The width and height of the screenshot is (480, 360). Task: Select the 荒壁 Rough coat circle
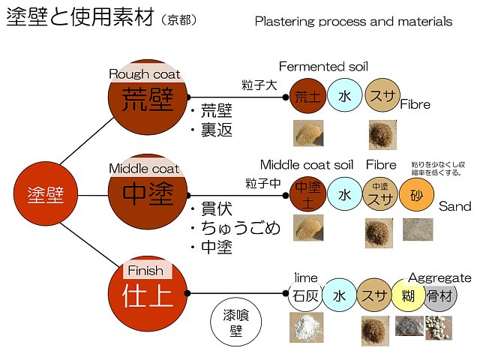point(148,98)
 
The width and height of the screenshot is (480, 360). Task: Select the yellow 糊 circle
point(409,294)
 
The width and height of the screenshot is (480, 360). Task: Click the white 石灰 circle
point(307,294)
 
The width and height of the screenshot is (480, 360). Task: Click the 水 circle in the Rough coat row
point(344,96)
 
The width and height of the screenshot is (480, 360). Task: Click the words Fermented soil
point(323,67)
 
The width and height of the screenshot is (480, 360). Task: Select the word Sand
point(454,205)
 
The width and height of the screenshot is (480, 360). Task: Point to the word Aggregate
point(439,277)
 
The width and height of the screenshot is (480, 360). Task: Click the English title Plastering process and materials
point(353,22)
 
